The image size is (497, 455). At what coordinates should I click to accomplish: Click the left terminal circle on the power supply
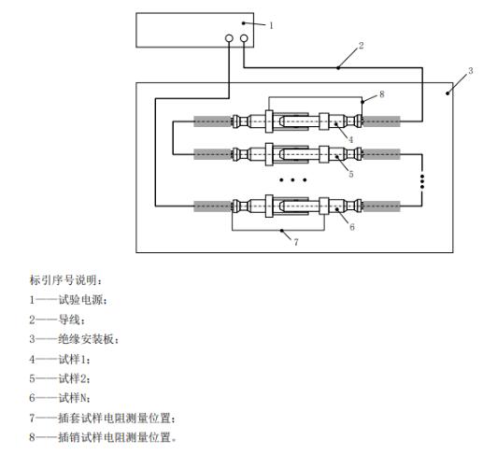pyautogui.click(x=229, y=38)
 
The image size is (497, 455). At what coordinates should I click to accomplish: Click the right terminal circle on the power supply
pyautogui.click(x=244, y=38)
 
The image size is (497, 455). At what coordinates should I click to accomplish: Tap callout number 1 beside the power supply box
pyautogui.click(x=271, y=25)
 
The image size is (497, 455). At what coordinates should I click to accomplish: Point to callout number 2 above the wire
pyautogui.click(x=361, y=46)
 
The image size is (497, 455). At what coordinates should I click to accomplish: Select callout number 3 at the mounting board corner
pyautogui.click(x=471, y=71)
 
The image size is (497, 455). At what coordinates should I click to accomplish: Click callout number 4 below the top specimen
pyautogui.click(x=350, y=139)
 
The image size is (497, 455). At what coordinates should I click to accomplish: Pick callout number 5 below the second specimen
pyautogui.click(x=351, y=174)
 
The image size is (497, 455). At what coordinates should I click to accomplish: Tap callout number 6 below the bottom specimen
pyautogui.click(x=352, y=227)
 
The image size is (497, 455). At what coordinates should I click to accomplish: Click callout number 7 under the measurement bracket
pyautogui.click(x=296, y=242)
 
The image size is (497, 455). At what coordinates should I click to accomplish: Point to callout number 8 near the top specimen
pyautogui.click(x=381, y=94)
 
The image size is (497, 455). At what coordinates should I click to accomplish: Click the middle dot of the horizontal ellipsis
pyautogui.click(x=292, y=179)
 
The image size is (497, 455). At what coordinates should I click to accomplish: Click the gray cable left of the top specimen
pyautogui.click(x=213, y=121)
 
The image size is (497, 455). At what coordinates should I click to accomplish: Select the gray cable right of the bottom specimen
pyautogui.click(x=381, y=206)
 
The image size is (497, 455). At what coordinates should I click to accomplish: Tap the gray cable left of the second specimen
pyautogui.click(x=213, y=154)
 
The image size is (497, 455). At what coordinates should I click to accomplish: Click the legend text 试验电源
pyautogui.click(x=81, y=300)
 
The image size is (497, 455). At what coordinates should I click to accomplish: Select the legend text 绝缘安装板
pyautogui.click(x=86, y=339)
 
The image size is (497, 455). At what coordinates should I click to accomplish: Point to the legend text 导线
pyautogui.click(x=69, y=320)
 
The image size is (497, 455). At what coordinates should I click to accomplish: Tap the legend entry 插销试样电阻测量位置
pyautogui.click(x=115, y=437)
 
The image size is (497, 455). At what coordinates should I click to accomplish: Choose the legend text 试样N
pyautogui.click(x=73, y=398)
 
